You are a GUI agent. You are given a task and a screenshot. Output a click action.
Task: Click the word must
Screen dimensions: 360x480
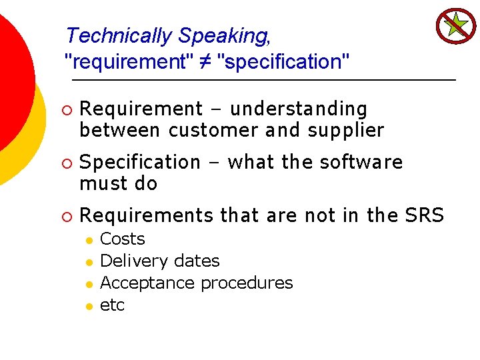[x=100, y=183]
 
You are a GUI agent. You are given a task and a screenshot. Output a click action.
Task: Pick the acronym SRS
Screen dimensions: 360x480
[x=424, y=215]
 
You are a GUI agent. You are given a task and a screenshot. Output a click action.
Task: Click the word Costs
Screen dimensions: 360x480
[x=122, y=239]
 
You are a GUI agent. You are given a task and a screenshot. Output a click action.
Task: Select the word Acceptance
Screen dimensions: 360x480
[x=147, y=283]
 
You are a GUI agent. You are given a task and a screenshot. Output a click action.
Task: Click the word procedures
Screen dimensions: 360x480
[x=247, y=283]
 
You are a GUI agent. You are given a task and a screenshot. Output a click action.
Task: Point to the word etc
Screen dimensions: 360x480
[x=112, y=305]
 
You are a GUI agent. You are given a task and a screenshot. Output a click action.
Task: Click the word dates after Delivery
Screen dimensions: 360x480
[x=197, y=261]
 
